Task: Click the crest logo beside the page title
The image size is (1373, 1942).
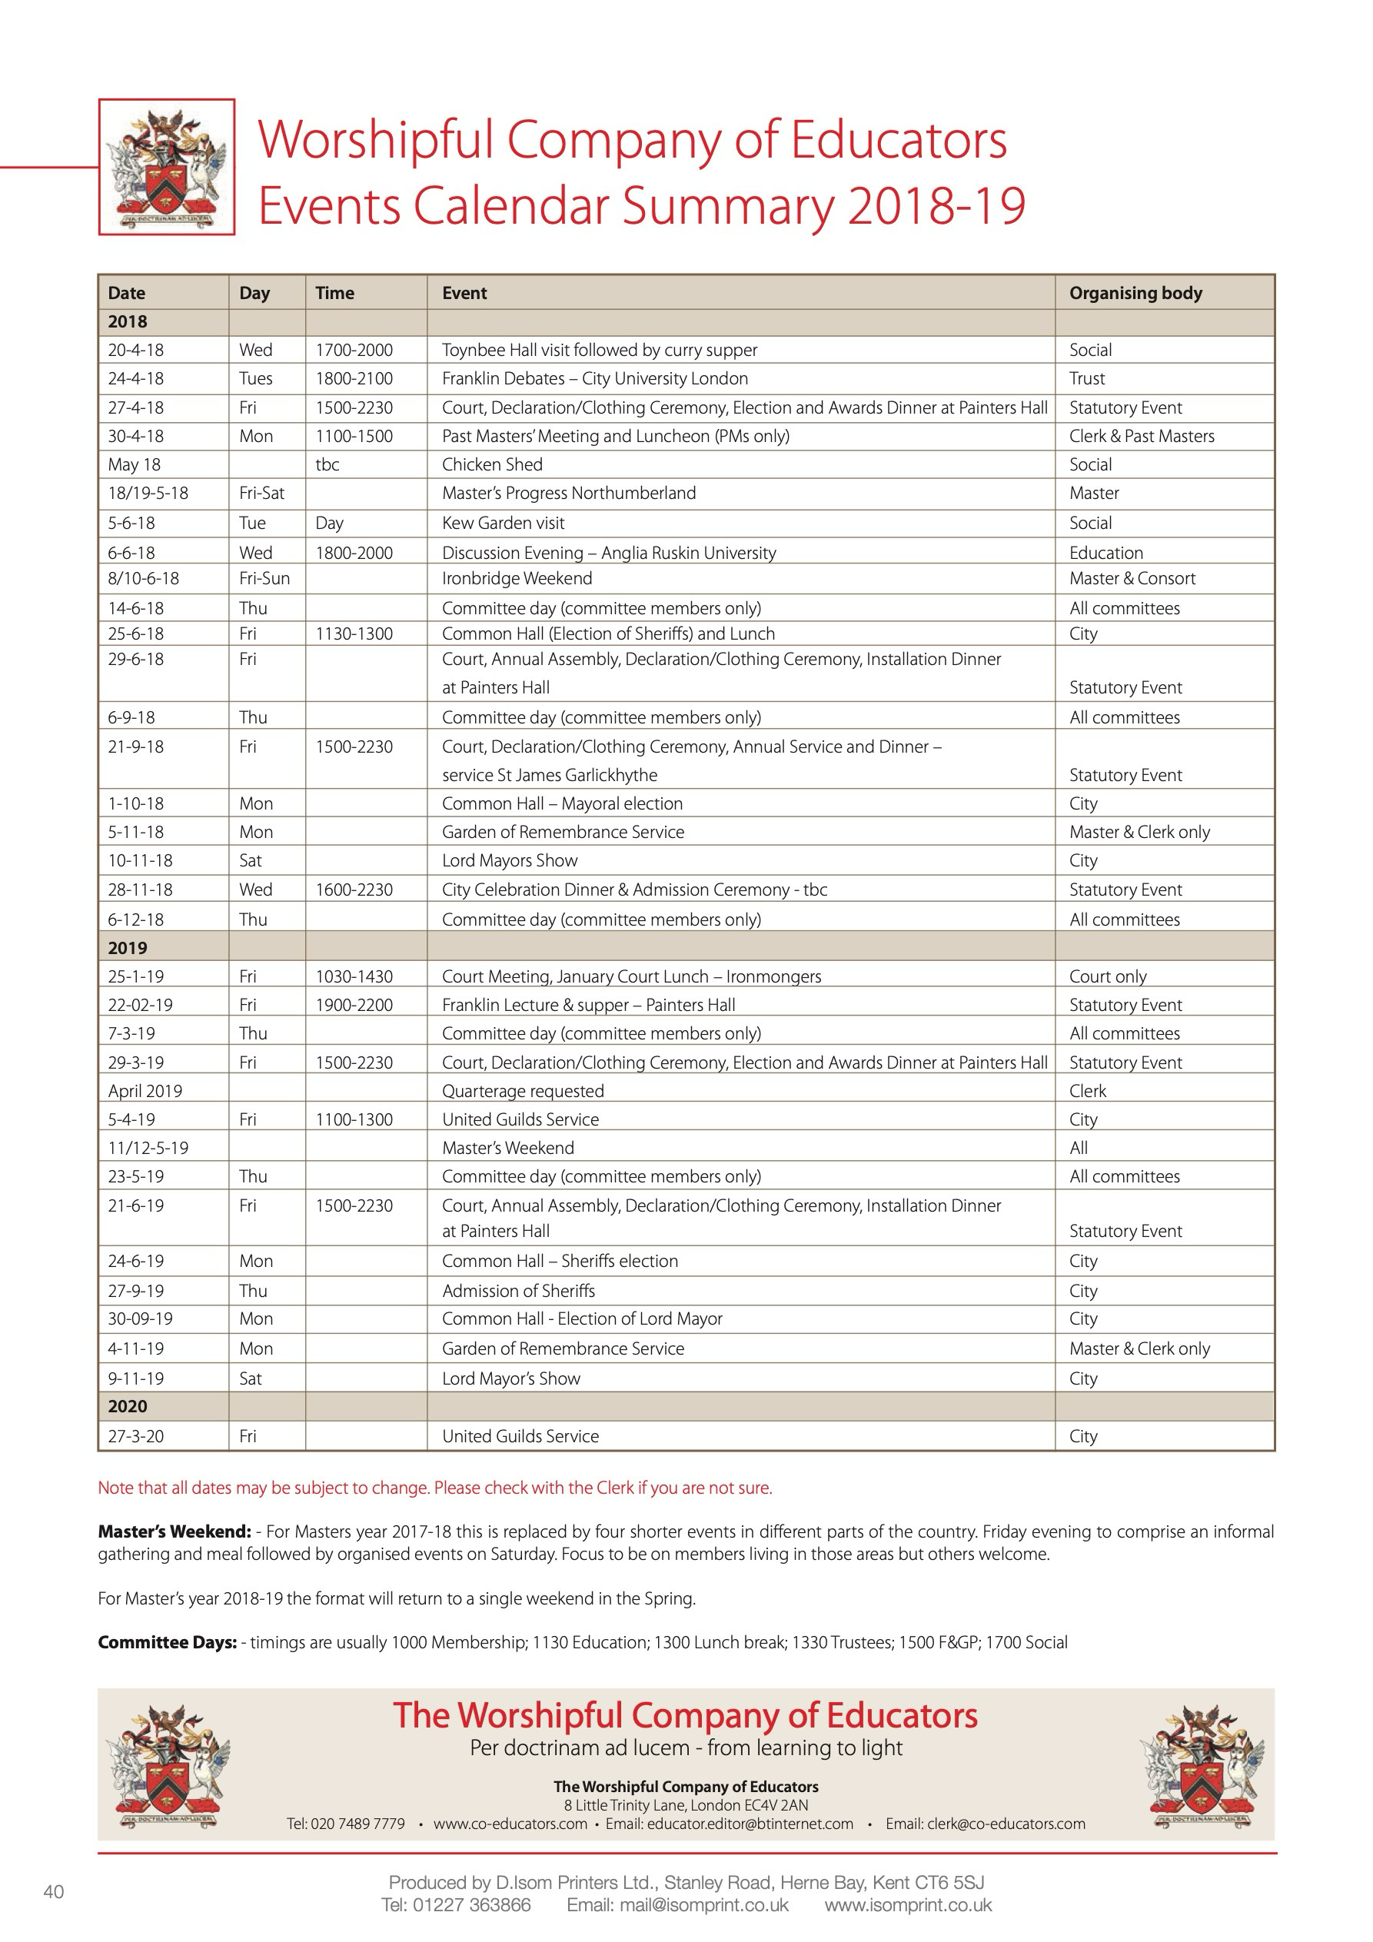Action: pos(167,167)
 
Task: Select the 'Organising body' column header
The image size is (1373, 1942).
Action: pos(1135,293)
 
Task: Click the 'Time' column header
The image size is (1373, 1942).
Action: pos(335,293)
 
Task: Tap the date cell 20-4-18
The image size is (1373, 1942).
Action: pos(136,349)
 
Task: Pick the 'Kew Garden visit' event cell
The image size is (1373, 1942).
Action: pos(504,523)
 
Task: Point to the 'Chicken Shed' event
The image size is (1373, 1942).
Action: pos(492,464)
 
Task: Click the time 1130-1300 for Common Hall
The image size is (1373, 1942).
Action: pos(354,633)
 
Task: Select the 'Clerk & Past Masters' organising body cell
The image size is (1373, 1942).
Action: pos(1141,436)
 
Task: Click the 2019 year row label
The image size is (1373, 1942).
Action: pos(128,947)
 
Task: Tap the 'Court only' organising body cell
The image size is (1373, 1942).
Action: pos(1107,976)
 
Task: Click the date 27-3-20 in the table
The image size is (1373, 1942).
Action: pos(136,1436)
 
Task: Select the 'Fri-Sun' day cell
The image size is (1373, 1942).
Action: pos(264,579)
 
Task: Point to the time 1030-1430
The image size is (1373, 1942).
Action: pos(354,976)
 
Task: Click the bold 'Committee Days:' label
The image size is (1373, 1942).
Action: pos(168,1643)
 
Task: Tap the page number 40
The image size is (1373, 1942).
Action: pos(53,1891)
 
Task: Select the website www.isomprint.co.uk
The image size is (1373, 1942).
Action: pos(908,1905)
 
